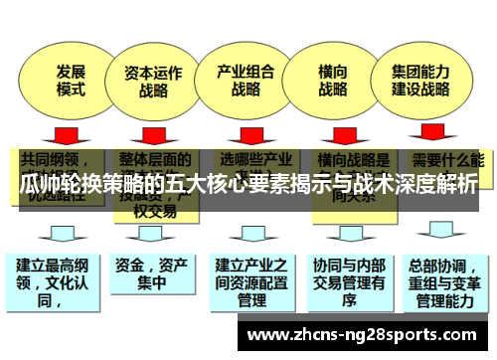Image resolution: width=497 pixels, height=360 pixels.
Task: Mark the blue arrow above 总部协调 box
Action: tap(438, 235)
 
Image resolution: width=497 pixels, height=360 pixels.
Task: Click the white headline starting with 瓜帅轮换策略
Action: tap(248, 185)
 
